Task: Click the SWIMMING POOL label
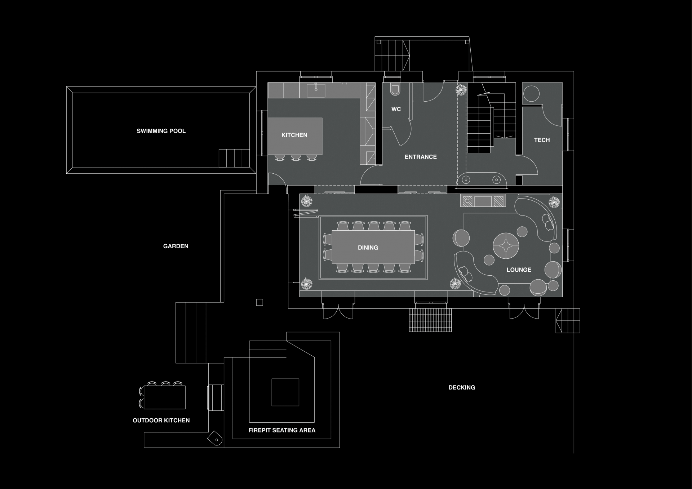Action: tap(161, 131)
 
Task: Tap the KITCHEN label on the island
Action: tap(294, 135)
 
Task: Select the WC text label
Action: tap(396, 109)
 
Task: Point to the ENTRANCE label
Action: tap(421, 157)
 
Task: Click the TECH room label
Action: tap(542, 140)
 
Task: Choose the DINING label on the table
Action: tap(368, 248)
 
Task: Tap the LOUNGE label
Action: tap(519, 270)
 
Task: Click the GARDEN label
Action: tap(176, 246)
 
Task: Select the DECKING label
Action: tap(462, 388)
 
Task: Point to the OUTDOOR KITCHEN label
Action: tap(161, 421)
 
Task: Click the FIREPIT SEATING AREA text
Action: tap(282, 430)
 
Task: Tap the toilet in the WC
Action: tap(395, 89)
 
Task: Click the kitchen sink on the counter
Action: tap(316, 91)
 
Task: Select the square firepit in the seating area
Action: tap(285, 392)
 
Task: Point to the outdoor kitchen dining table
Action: tap(165, 397)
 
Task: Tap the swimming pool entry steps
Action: tap(234, 158)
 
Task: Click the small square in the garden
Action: tap(259, 302)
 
